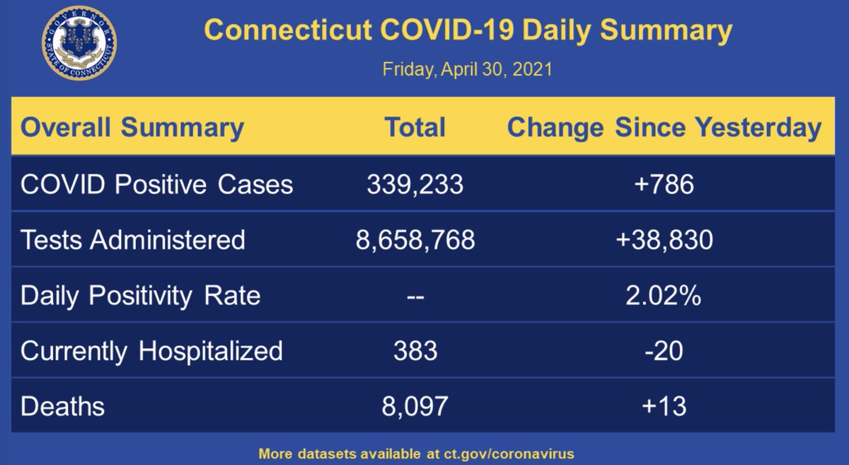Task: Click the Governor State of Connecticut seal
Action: coord(79,43)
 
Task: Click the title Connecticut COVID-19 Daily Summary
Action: coord(468,31)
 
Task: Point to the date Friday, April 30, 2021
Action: coord(467,70)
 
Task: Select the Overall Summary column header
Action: coord(132,128)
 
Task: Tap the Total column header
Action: coord(415,128)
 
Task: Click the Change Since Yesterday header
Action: coord(664,128)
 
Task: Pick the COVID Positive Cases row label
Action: coord(156,185)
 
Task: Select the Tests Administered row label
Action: coord(133,240)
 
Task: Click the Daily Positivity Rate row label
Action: coord(141,295)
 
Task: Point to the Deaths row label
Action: coord(62,406)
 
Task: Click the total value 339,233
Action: coord(415,185)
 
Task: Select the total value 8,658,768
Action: coord(415,240)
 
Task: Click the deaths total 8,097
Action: coord(415,406)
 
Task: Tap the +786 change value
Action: coord(664,185)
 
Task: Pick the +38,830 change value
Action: coord(664,240)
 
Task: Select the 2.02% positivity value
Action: coord(664,295)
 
